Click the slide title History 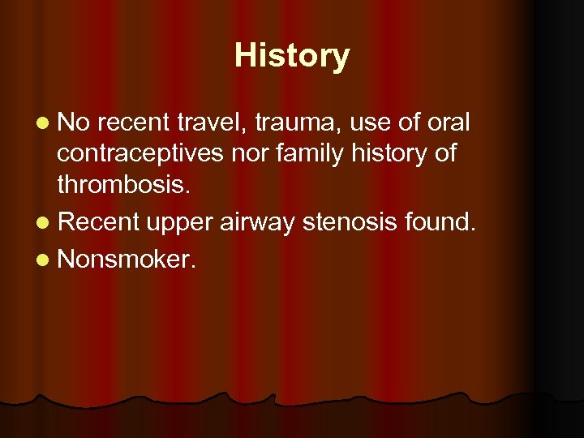click(x=292, y=56)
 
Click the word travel click(x=213, y=122)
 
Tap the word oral click(x=447, y=122)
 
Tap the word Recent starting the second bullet click(x=99, y=221)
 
